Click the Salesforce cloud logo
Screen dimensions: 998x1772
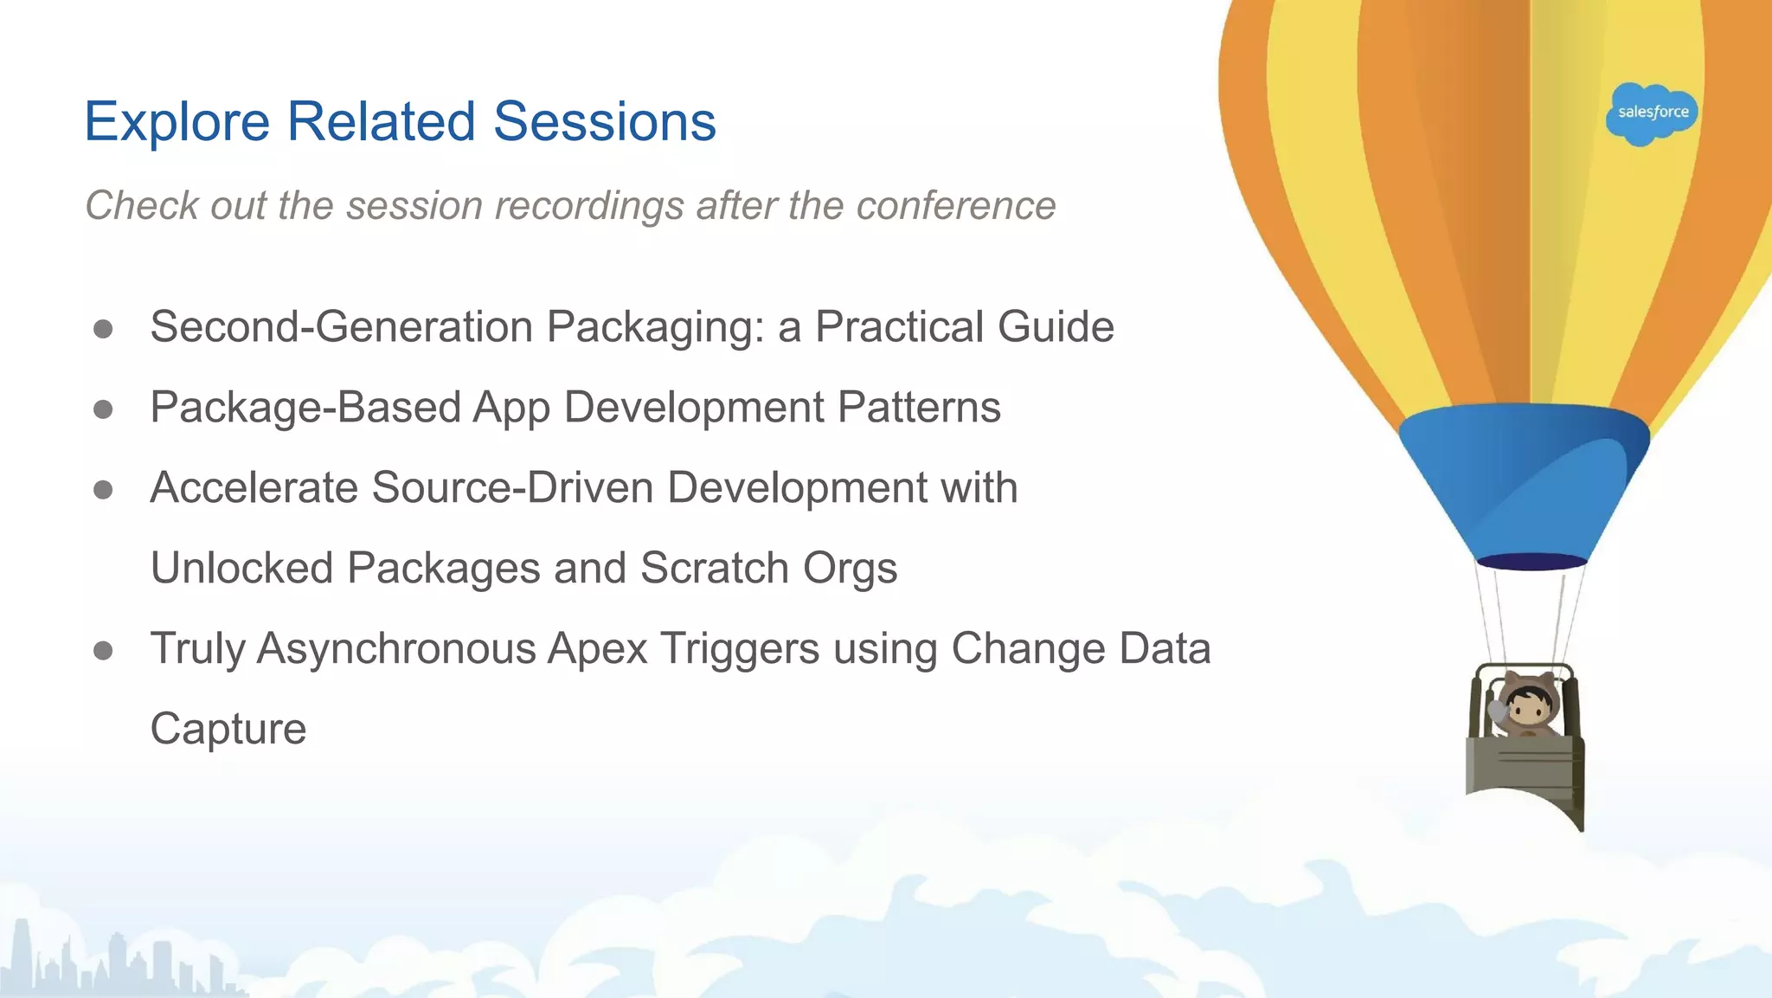(1652, 113)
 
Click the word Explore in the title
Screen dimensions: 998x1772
(177, 122)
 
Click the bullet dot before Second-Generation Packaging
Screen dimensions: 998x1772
(103, 329)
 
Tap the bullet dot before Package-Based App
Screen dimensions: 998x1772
(103, 409)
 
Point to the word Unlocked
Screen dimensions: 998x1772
(241, 569)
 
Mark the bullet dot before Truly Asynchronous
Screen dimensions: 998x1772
(103, 650)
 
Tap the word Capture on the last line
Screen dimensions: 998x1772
(228, 729)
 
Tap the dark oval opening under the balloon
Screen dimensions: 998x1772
(1531, 562)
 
